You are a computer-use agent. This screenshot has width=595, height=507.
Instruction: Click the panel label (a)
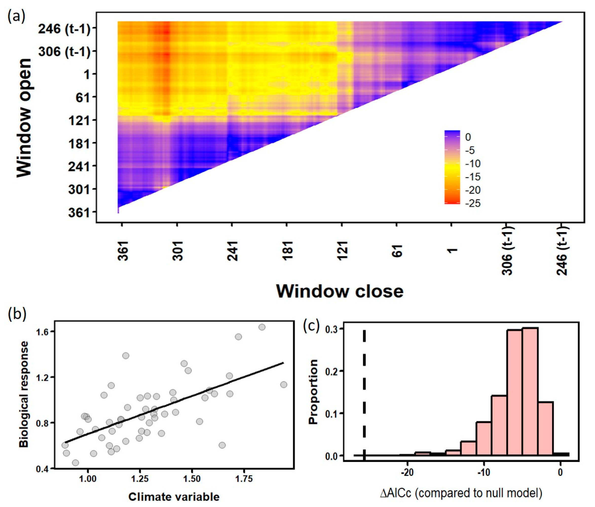(x=16, y=17)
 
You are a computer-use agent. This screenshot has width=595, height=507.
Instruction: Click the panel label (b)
(x=17, y=314)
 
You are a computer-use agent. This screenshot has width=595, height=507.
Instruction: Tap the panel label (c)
(x=311, y=326)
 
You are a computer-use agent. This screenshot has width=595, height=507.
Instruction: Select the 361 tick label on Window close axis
(x=123, y=251)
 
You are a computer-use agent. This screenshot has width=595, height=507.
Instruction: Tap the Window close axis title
(x=340, y=291)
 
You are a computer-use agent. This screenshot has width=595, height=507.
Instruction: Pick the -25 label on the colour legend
(x=472, y=203)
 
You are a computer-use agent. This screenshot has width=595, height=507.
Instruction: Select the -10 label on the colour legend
(x=472, y=164)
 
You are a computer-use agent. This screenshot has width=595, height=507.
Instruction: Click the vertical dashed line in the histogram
(x=364, y=396)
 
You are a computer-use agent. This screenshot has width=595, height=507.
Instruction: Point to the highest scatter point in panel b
(x=262, y=327)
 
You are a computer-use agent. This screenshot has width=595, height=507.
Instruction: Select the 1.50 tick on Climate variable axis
(x=192, y=479)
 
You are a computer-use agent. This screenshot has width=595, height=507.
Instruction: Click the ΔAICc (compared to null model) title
(x=461, y=493)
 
